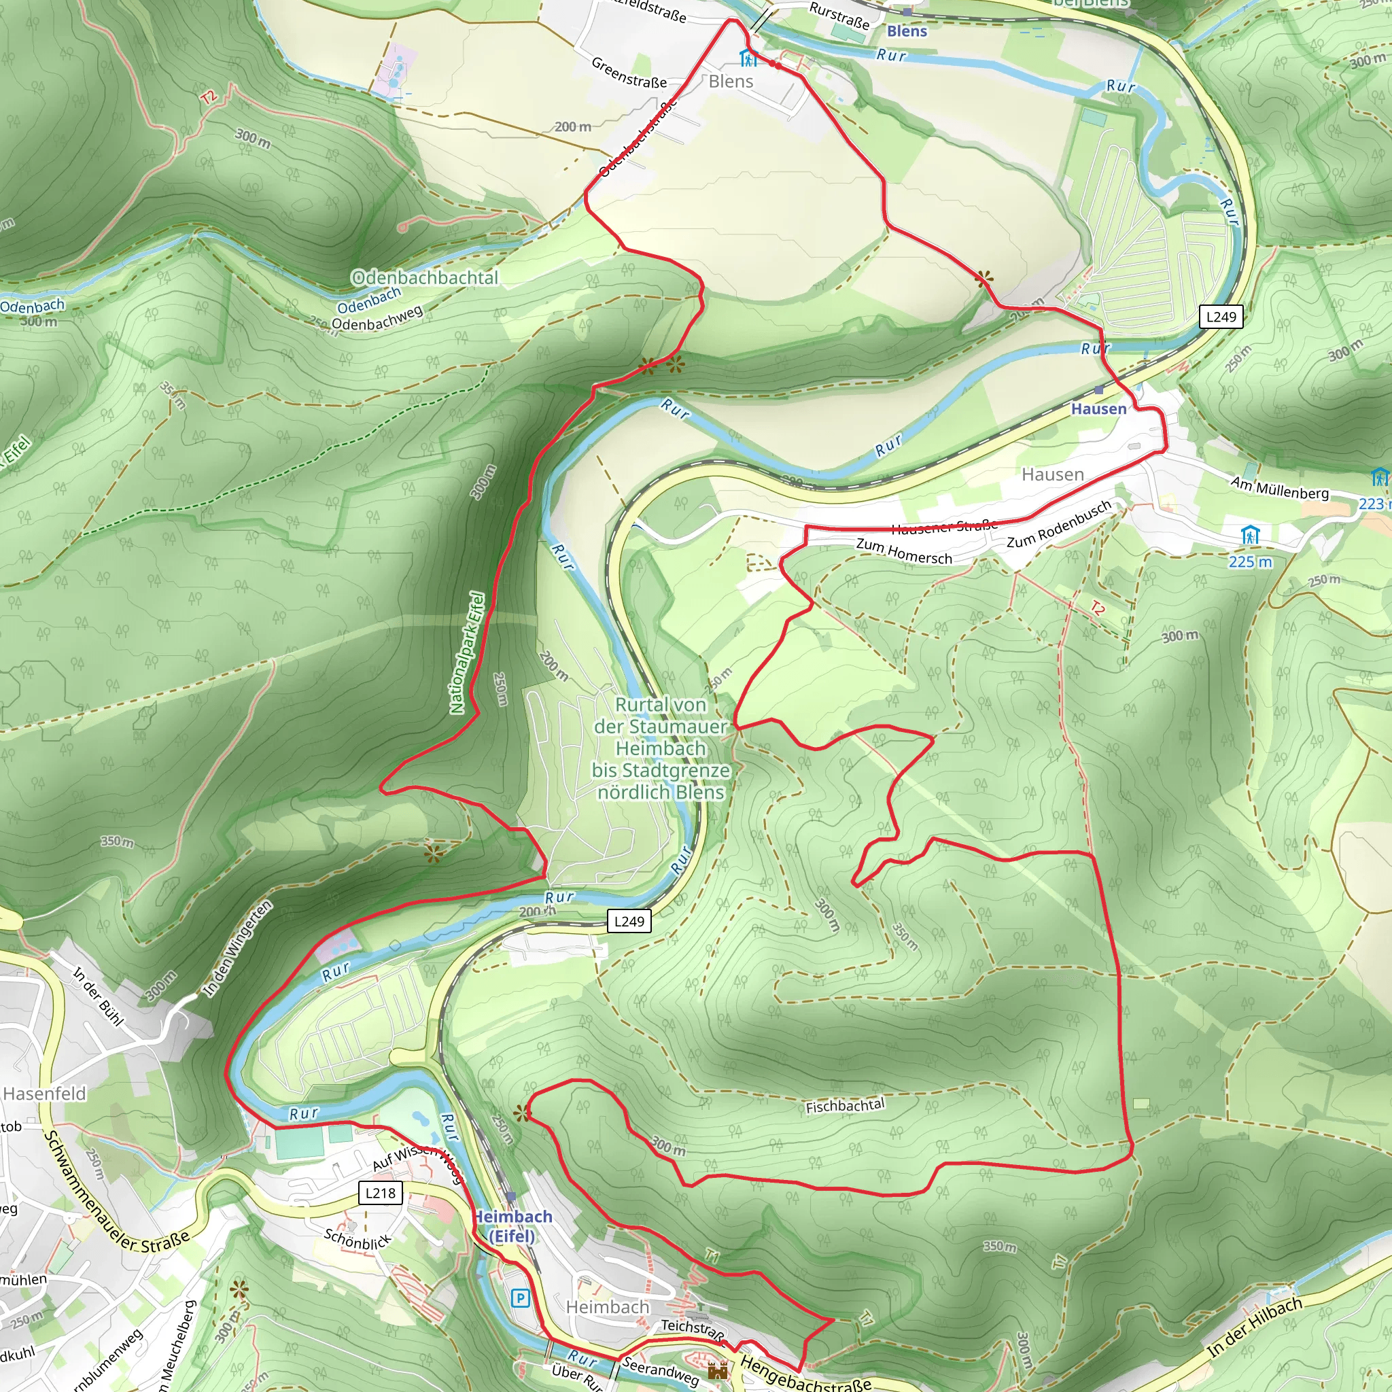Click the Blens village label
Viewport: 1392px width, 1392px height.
click(x=731, y=82)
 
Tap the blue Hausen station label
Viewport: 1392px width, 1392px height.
click(x=1098, y=408)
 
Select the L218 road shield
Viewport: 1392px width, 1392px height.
click(x=381, y=1192)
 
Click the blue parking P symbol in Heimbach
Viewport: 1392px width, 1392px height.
click(x=519, y=1298)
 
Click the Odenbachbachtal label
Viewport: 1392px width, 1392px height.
click(x=424, y=277)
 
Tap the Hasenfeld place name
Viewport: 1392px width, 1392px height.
click(x=45, y=1094)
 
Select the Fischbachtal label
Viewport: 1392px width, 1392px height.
click(x=844, y=1105)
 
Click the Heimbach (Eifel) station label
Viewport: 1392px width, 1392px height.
click(x=512, y=1225)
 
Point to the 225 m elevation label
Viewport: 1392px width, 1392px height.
click(x=1250, y=561)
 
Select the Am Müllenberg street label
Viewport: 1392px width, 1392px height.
click(x=1279, y=488)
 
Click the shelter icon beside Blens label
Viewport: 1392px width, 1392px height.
click(x=748, y=58)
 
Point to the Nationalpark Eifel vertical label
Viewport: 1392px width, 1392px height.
click(x=466, y=652)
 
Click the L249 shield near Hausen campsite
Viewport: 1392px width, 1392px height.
click(x=1221, y=316)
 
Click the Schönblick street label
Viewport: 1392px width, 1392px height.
click(x=358, y=1239)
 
